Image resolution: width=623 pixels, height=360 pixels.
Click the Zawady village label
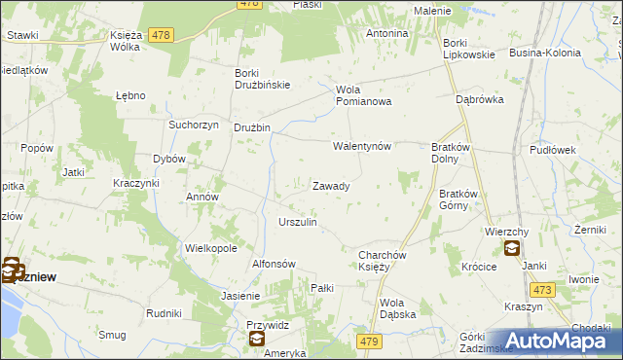(331, 186)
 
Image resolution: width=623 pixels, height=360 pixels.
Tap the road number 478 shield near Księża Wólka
(162, 35)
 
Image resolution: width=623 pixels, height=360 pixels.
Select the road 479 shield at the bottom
(369, 341)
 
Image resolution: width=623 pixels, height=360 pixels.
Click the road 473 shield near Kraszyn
(542, 290)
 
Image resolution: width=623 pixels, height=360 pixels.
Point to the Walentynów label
(362, 147)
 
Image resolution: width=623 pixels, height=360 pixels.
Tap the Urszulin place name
(298, 223)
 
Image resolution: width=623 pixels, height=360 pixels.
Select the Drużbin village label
(251, 127)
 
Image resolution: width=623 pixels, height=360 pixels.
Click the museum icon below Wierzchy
(512, 249)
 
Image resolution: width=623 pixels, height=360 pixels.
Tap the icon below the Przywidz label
(256, 340)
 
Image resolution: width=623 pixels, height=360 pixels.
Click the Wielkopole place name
(211, 248)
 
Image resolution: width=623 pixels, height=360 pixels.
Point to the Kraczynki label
(135, 183)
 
